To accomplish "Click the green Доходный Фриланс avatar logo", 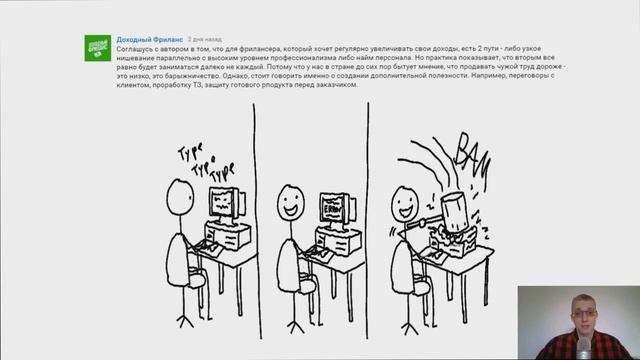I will tap(98, 47).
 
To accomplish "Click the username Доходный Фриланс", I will tap(149, 39).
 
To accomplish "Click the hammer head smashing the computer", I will tap(451, 211).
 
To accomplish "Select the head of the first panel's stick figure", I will tap(179, 194).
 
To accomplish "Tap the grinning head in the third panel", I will tap(404, 204).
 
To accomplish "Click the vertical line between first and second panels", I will tap(255, 220).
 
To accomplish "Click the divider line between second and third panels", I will tap(368, 220).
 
